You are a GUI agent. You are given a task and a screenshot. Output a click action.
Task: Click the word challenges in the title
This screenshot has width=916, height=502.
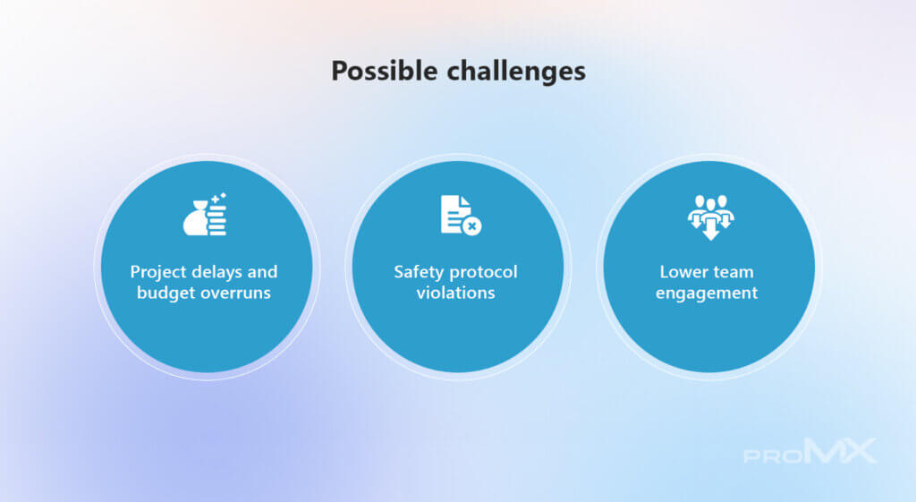pyautogui.click(x=516, y=72)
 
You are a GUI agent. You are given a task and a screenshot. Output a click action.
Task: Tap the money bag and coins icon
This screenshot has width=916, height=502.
pyautogui.click(x=205, y=215)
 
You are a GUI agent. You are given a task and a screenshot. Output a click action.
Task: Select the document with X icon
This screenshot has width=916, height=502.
pyautogui.click(x=461, y=215)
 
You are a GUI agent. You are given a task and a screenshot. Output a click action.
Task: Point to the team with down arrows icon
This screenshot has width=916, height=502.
pyautogui.click(x=710, y=217)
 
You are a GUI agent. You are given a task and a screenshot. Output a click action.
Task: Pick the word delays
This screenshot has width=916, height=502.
pyautogui.click(x=216, y=272)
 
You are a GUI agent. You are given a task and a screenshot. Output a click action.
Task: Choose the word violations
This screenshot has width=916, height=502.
pyautogui.click(x=455, y=293)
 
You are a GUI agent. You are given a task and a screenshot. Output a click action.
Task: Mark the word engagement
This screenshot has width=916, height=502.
pyautogui.click(x=707, y=294)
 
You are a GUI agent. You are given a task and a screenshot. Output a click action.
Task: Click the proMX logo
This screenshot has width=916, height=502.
pyautogui.click(x=810, y=451)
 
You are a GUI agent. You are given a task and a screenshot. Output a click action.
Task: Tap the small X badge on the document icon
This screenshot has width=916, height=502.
pyautogui.click(x=472, y=225)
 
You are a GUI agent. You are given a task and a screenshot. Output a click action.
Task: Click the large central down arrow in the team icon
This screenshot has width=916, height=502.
pyautogui.click(x=710, y=228)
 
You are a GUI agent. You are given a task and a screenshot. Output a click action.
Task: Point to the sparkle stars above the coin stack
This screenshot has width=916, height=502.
pyautogui.click(x=218, y=198)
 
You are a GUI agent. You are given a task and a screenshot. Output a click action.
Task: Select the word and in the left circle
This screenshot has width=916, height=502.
pyautogui.click(x=262, y=272)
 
